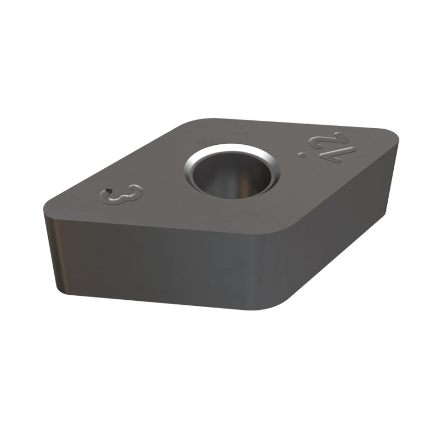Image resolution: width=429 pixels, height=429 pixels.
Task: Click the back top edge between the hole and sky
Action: click(291, 124)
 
